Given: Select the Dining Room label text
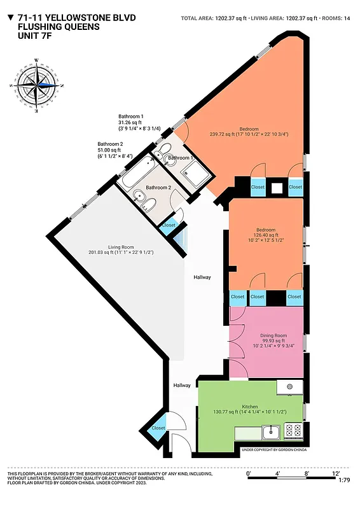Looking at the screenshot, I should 273,335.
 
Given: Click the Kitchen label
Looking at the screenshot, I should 249,407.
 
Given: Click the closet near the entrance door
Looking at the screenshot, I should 158,428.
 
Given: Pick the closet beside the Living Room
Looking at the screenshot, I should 169,225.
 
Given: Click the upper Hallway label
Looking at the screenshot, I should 202,277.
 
